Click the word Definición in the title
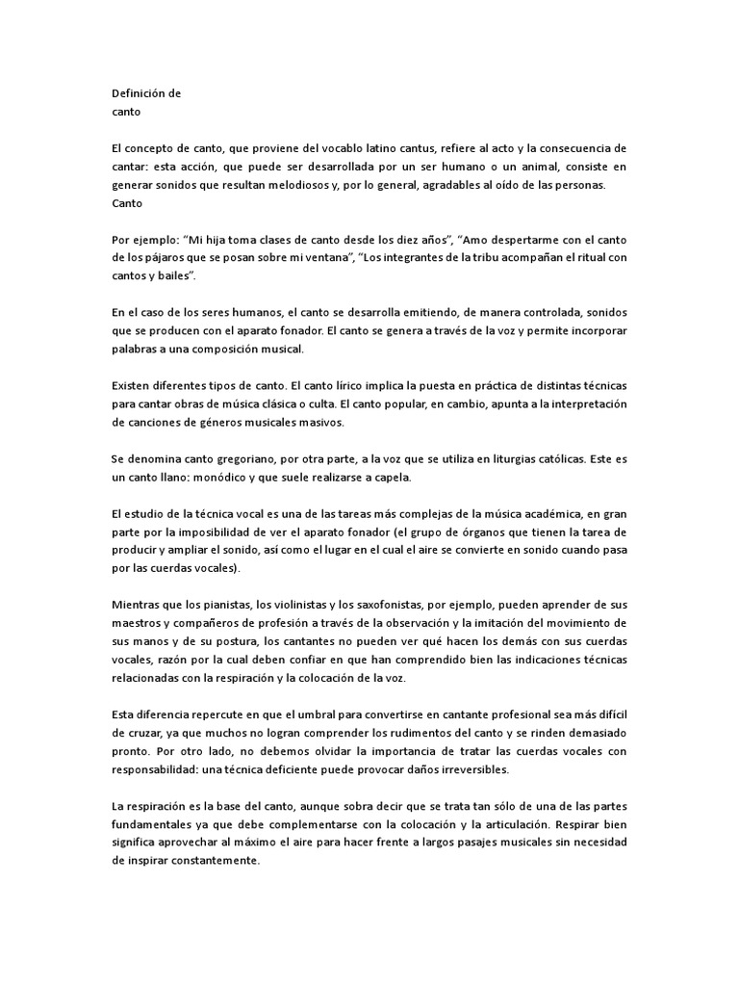pyautogui.click(x=140, y=93)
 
